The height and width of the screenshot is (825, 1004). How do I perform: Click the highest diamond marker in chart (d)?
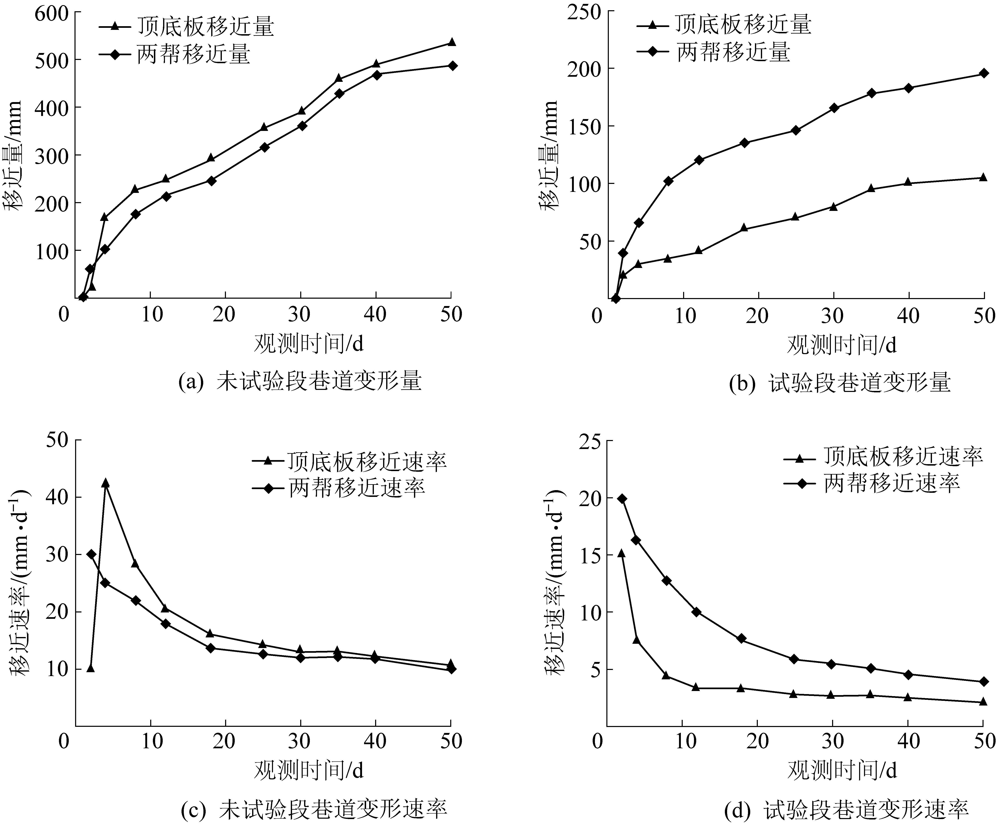tap(622, 499)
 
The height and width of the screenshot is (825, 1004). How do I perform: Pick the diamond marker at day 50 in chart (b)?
tap(984, 73)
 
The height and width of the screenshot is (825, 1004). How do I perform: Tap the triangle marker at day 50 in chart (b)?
tap(984, 177)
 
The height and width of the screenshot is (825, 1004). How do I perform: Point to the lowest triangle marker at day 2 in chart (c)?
tap(90, 668)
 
